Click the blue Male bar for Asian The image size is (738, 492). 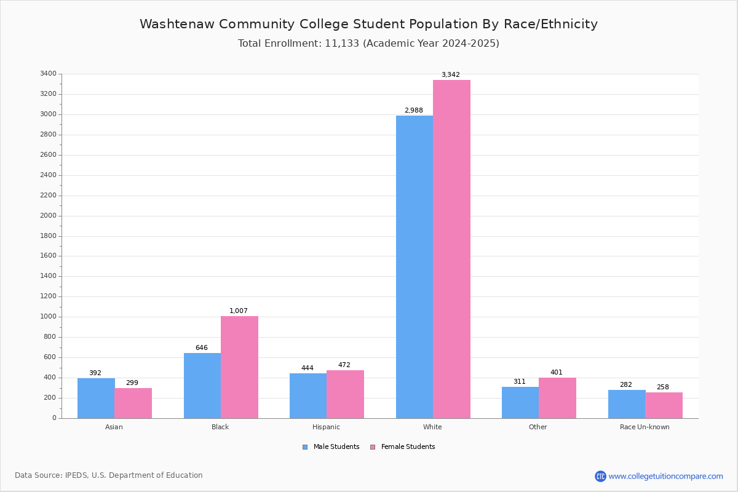click(x=96, y=398)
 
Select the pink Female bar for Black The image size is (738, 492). click(x=239, y=367)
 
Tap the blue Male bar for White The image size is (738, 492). click(x=414, y=267)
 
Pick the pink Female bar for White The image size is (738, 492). click(x=451, y=249)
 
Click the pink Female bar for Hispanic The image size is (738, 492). click(x=345, y=394)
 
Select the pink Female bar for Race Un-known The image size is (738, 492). click(x=664, y=405)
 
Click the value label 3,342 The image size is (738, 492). click(x=450, y=75)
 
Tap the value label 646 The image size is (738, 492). click(x=202, y=348)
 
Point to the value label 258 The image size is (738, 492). click(x=662, y=387)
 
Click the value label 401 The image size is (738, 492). click(x=557, y=373)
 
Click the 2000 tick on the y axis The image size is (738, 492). click(x=48, y=216)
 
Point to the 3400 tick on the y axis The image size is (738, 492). click(x=48, y=74)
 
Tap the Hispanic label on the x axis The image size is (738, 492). click(x=326, y=427)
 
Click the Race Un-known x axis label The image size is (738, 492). click(x=645, y=427)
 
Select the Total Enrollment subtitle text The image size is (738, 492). click(x=368, y=44)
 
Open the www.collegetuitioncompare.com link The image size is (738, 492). click(x=665, y=476)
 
